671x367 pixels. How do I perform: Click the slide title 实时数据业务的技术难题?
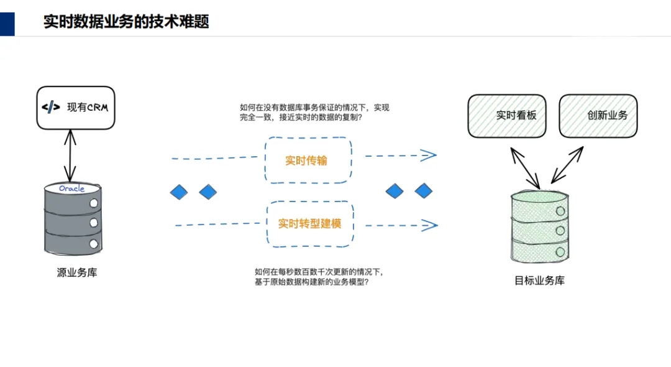tap(126, 22)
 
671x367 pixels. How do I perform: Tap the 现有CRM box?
tap(75, 107)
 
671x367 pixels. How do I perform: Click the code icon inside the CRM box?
tap(51, 107)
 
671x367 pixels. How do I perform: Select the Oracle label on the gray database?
tap(71, 188)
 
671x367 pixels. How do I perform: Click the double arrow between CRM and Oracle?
tap(70, 156)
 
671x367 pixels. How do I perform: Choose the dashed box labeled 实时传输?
tap(308, 160)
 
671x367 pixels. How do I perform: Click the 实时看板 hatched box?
tap(507, 116)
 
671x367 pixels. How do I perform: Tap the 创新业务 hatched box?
tap(598, 116)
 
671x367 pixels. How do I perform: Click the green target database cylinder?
tap(539, 227)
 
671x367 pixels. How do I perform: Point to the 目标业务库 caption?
tap(539, 281)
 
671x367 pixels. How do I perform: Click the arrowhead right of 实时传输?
tap(429, 156)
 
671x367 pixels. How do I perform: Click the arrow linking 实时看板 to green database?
tap(524, 167)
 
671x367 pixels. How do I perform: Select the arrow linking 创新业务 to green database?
tap(567, 165)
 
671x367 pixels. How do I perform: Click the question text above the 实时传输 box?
tap(314, 112)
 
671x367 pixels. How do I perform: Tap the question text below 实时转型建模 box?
tap(319, 277)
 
